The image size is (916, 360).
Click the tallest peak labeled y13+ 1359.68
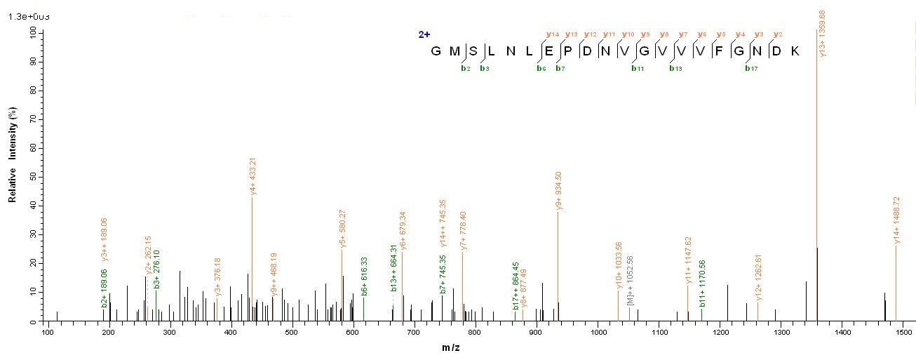[x=816, y=175]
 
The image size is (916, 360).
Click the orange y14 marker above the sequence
[x=553, y=34]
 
